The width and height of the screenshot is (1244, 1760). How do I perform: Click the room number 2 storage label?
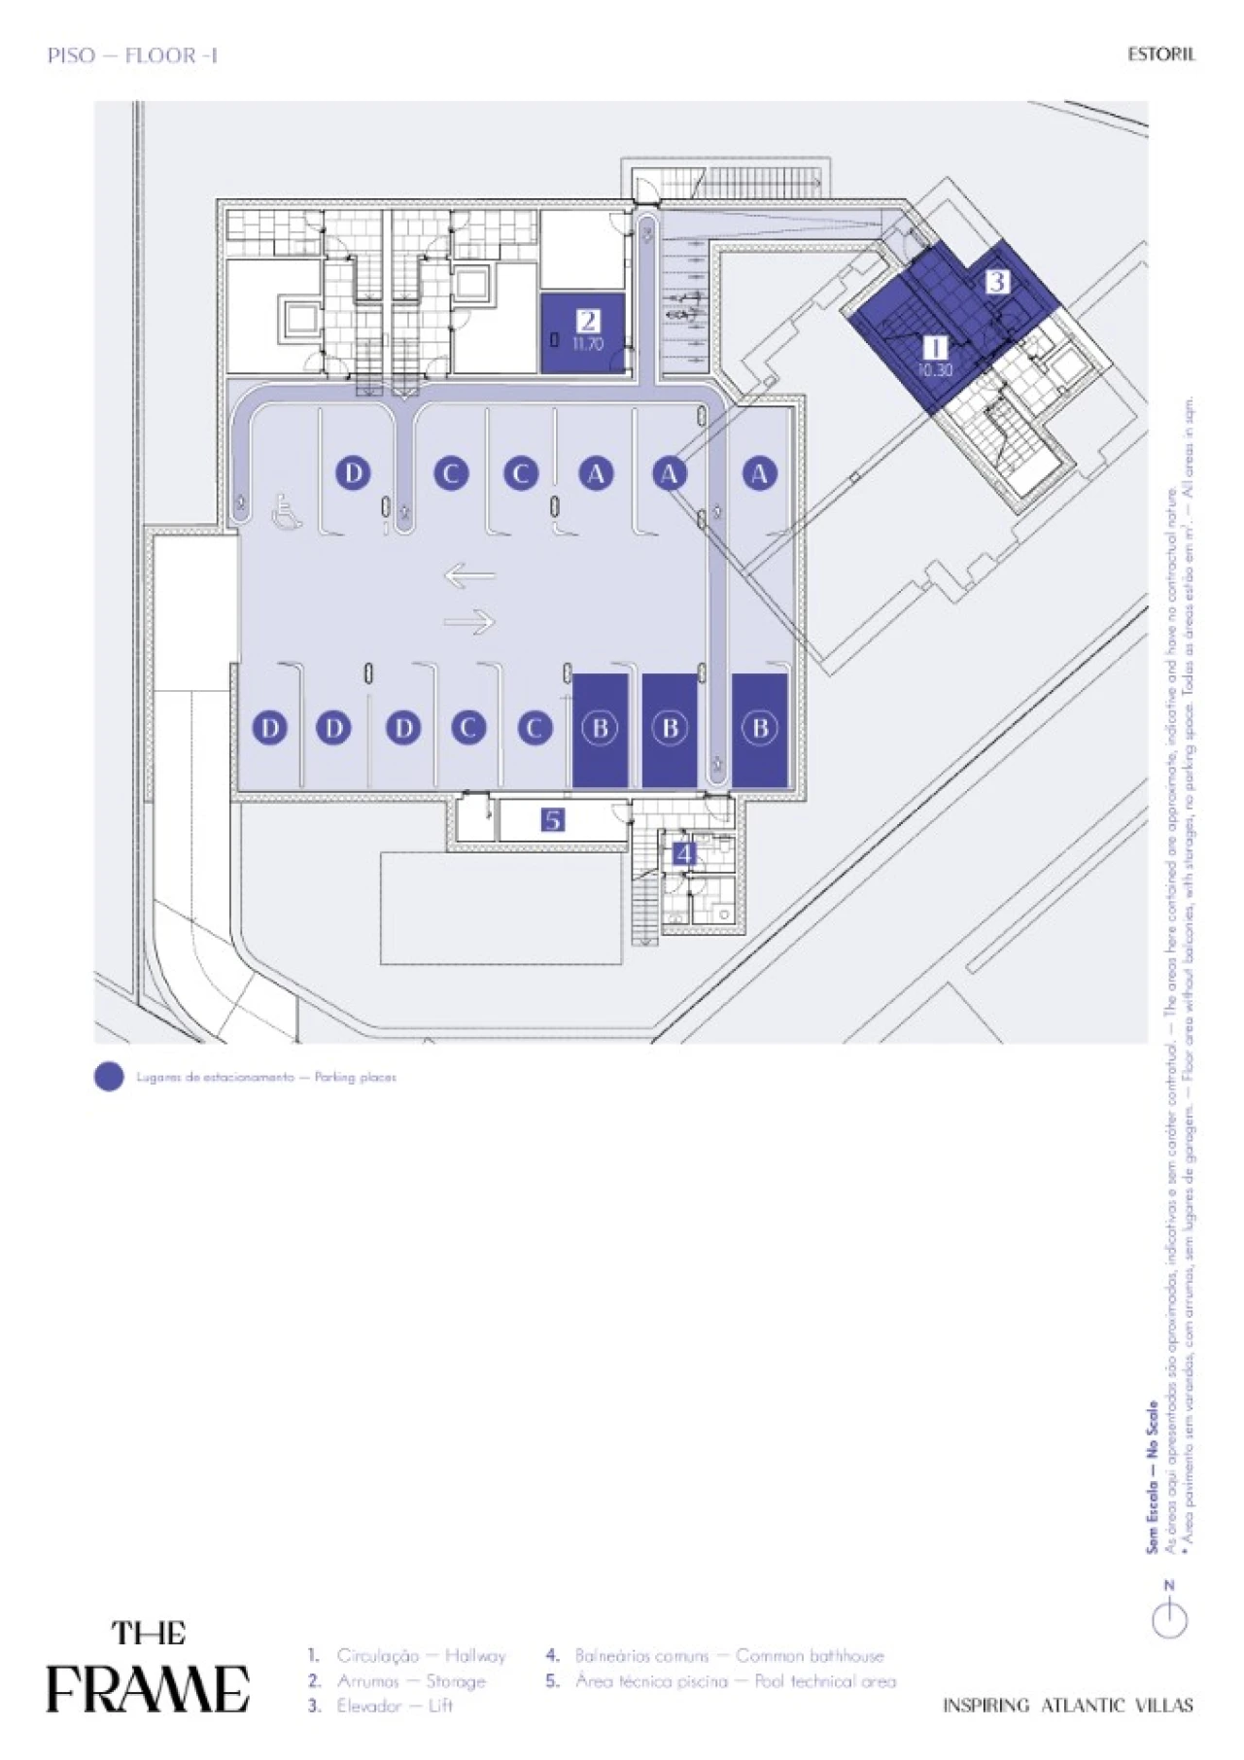[x=587, y=321]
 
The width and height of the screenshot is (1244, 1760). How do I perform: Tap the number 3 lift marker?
[x=997, y=282]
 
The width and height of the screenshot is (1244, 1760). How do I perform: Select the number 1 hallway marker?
[x=934, y=348]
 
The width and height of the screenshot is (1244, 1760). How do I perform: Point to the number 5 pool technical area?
[x=552, y=820]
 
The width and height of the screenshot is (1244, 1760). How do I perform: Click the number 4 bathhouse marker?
[x=684, y=853]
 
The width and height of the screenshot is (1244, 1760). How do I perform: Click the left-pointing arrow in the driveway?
[x=469, y=576]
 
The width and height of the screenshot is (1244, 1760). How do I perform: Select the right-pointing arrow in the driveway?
[x=470, y=621]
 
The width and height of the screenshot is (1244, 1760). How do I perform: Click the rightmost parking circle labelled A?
[x=759, y=473]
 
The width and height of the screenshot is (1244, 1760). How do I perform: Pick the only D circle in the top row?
[x=354, y=473]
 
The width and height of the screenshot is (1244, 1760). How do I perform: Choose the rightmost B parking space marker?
[x=760, y=728]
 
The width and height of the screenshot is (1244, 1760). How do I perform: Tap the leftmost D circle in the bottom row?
[x=270, y=728]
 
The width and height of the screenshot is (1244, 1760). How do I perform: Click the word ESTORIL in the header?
[x=1160, y=54]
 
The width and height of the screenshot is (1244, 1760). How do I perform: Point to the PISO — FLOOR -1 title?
[x=132, y=55]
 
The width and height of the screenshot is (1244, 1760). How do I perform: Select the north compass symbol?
[x=1169, y=1618]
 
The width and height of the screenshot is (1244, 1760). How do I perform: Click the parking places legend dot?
[x=109, y=1077]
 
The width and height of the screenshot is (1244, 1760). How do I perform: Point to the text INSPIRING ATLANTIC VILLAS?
[x=1067, y=1705]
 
